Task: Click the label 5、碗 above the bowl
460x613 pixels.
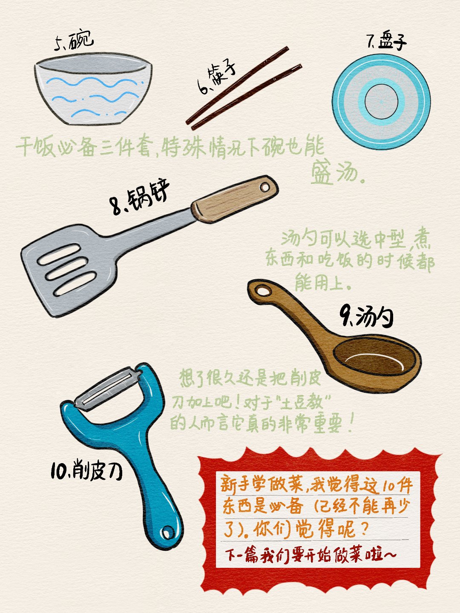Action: [x=74, y=41]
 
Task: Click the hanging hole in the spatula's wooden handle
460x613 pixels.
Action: [x=264, y=187]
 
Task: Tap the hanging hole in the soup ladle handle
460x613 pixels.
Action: [x=263, y=291]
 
